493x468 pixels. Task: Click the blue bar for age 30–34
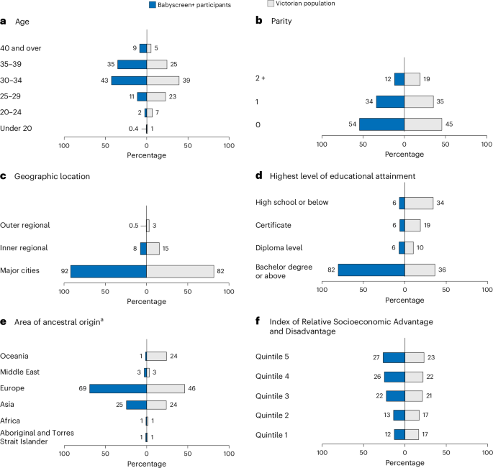129,80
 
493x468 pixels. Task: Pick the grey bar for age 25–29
156,96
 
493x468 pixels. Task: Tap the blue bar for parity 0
381,124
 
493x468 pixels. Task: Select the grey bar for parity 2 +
412,79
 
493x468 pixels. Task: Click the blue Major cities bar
109,271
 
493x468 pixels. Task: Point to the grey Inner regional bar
153,248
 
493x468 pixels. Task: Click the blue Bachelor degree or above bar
371,270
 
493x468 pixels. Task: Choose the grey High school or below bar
419,203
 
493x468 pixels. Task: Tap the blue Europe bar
118,388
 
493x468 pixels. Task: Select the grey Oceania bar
156,356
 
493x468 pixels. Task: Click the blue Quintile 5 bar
394,357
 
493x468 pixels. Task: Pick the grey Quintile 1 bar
412,434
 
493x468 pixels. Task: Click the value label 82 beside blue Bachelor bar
330,270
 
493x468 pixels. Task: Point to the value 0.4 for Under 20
133,129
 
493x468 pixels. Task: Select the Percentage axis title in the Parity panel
404,155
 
